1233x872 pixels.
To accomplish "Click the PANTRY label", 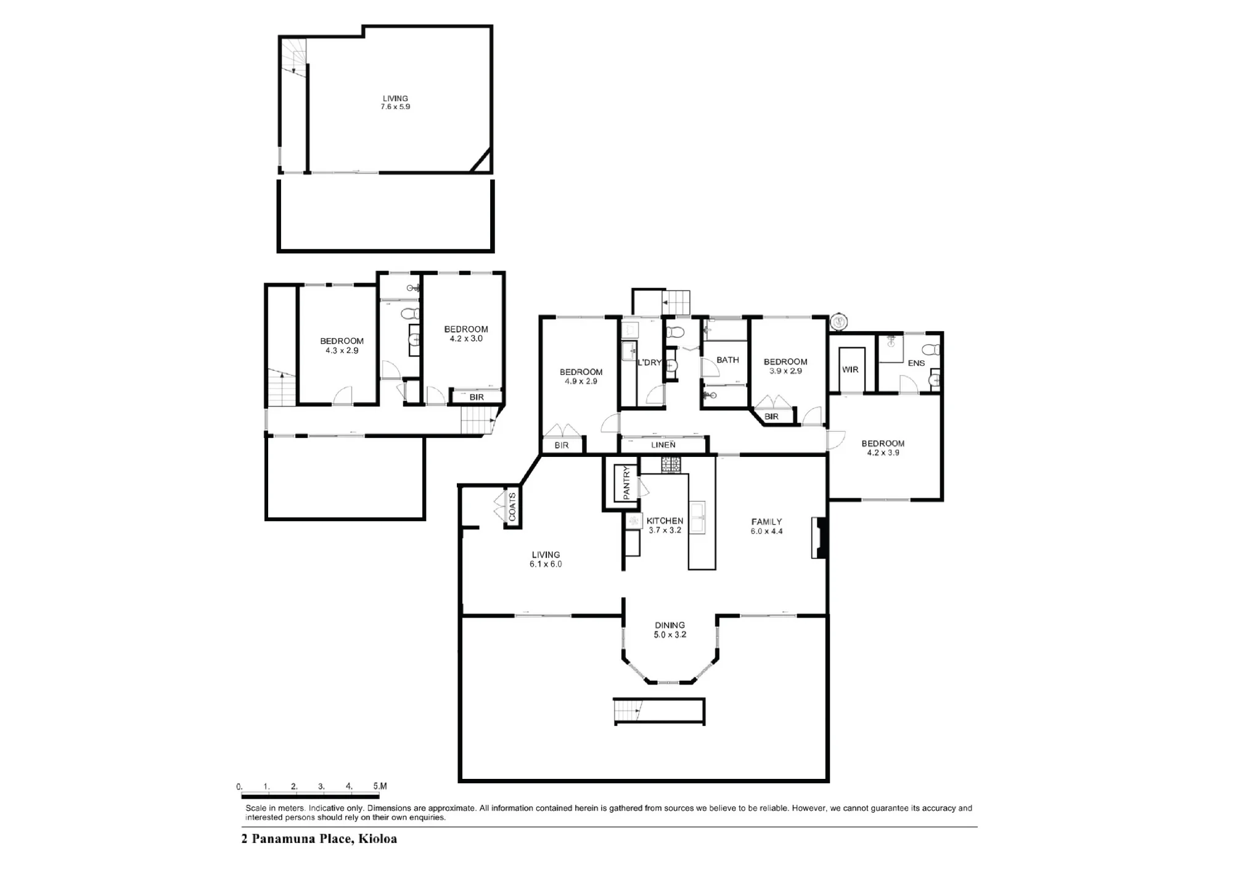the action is pos(627,483).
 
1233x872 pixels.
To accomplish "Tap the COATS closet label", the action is pos(512,507).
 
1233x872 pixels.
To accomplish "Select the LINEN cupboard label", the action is pos(663,445).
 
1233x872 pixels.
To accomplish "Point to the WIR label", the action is pos(850,369).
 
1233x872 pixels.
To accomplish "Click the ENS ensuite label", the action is pos(916,363).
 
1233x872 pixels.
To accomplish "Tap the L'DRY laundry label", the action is pos(649,363).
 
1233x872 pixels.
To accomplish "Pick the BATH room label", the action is pos(727,360).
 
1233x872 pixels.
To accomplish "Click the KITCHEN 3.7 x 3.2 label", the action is pos(665,525).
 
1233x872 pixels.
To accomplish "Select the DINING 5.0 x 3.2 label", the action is pos(670,630).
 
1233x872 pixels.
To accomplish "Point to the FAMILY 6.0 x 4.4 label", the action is pos(766,526).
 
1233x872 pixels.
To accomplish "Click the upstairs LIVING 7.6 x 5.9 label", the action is pos(395,102).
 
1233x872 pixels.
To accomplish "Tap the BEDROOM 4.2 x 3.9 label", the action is pos(883,448).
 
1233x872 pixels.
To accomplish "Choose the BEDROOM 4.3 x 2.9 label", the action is pos(342,345).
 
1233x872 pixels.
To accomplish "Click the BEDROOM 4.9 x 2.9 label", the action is pos(581,376).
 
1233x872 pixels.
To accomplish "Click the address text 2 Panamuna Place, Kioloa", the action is pos(319,839).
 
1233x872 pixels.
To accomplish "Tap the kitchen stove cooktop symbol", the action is pos(670,464).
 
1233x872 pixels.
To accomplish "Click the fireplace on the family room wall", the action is pos(819,538).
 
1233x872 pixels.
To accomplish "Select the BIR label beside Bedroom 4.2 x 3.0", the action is pos(477,397).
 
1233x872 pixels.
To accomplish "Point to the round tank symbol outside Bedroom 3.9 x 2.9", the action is pos(838,321).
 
